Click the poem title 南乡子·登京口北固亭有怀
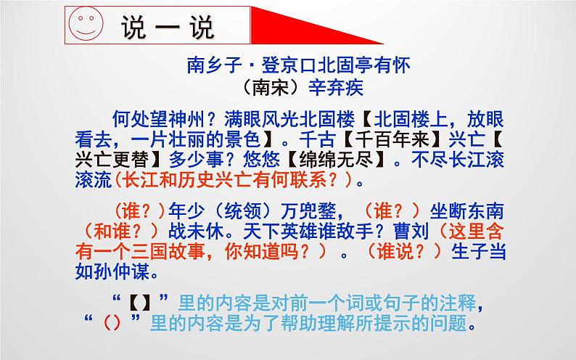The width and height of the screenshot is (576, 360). (x=298, y=67)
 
